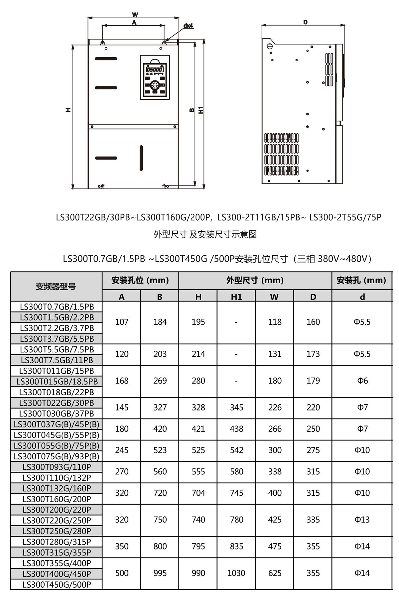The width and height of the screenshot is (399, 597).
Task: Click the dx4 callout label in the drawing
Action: (x=188, y=26)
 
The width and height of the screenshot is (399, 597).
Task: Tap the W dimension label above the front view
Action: (x=135, y=15)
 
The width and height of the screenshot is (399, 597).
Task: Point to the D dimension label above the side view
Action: (x=305, y=22)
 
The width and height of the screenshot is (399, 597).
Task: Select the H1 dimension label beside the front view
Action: (x=201, y=110)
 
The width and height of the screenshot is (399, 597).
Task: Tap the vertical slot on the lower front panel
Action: (x=141, y=158)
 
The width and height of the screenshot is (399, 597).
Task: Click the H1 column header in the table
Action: (x=236, y=297)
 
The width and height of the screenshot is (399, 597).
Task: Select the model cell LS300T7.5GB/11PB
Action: (x=57, y=360)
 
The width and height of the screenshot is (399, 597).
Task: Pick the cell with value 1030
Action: (x=236, y=573)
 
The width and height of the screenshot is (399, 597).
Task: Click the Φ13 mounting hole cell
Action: (x=362, y=520)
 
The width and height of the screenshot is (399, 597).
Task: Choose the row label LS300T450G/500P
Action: (x=57, y=584)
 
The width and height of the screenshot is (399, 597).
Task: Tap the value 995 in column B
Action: (x=160, y=573)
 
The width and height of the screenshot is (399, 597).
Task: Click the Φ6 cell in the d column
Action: (x=362, y=381)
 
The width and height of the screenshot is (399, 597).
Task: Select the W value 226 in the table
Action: (x=275, y=407)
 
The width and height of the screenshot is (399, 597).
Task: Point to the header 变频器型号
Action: (x=56, y=286)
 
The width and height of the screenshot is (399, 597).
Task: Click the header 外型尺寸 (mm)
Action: (x=255, y=280)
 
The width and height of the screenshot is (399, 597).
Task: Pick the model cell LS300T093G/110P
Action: (x=57, y=467)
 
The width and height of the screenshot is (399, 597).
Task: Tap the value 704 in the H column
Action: (x=198, y=493)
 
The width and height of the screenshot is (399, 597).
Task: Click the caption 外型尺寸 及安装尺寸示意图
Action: (x=205, y=234)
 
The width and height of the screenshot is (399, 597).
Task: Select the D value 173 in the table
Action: (x=313, y=354)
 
